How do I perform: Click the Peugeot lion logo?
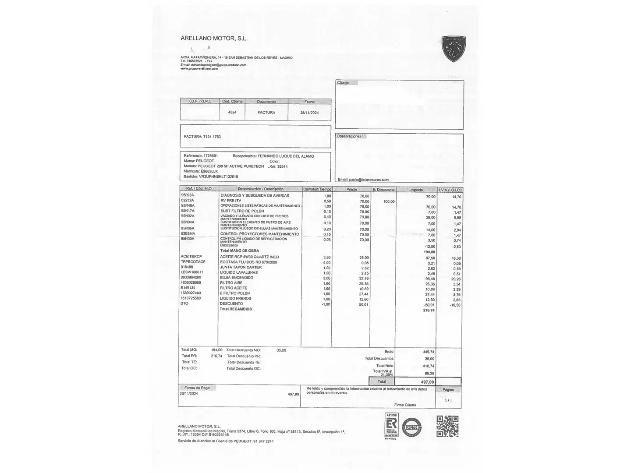[453, 48]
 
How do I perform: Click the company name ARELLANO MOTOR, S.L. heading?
[214, 38]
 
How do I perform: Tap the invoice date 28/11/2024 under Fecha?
[309, 113]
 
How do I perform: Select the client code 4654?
[232, 112]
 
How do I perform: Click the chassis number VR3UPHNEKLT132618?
[218, 176]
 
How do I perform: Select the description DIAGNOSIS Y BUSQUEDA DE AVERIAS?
[255, 195]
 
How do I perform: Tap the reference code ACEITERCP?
[191, 256]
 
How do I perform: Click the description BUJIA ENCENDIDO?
[237, 278]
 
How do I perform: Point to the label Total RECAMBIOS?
[236, 309]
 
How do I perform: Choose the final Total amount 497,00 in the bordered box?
[427, 382]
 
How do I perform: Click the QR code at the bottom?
[447, 426]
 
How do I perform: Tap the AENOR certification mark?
[391, 424]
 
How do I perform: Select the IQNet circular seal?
[413, 427]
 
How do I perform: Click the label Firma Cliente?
[405, 405]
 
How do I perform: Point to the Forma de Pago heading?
[197, 388]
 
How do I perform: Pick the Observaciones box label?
[349, 136]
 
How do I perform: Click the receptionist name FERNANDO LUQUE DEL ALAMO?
[286, 156]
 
